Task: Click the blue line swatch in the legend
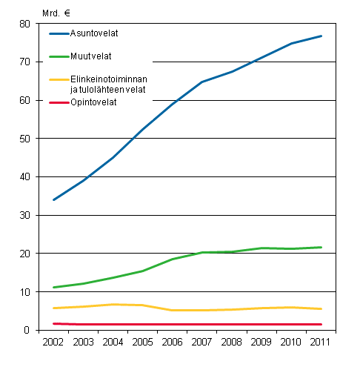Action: coord(59,33)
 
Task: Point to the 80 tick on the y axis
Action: coord(24,24)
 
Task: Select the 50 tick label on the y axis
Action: coord(24,139)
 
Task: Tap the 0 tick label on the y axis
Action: coord(27,331)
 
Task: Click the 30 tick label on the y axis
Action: coord(24,216)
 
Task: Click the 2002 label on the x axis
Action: coord(53,343)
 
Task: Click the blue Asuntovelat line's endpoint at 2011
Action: coord(321,36)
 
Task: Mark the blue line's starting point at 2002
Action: coord(53,200)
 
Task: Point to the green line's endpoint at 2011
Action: coord(321,247)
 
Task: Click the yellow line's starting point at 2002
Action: coord(53,308)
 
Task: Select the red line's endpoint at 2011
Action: coord(321,324)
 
